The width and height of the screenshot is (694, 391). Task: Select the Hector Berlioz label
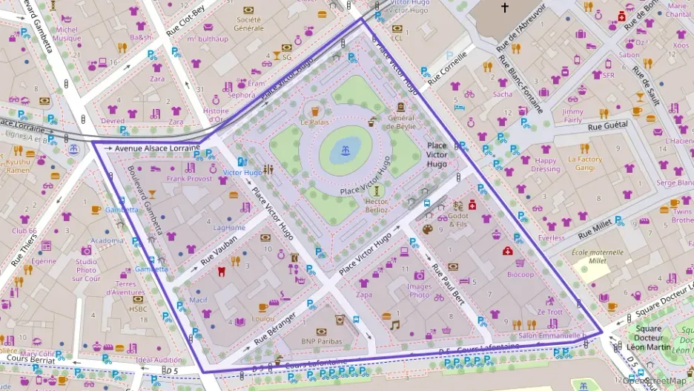pyautogui.click(x=377, y=206)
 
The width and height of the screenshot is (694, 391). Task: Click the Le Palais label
pyautogui.click(x=314, y=122)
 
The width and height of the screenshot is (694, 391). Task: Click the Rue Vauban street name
pyautogui.click(x=219, y=251)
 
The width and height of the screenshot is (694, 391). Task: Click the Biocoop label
pyautogui.click(x=520, y=275)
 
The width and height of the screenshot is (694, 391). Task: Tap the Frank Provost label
pyautogui.click(x=190, y=179)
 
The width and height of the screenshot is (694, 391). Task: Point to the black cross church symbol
pyautogui.click(x=505, y=8)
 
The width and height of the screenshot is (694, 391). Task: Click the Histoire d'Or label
pyautogui.click(x=216, y=115)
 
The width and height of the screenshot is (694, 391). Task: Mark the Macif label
pyautogui.click(x=198, y=300)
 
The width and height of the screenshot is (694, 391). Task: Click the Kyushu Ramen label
pyautogui.click(x=19, y=165)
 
